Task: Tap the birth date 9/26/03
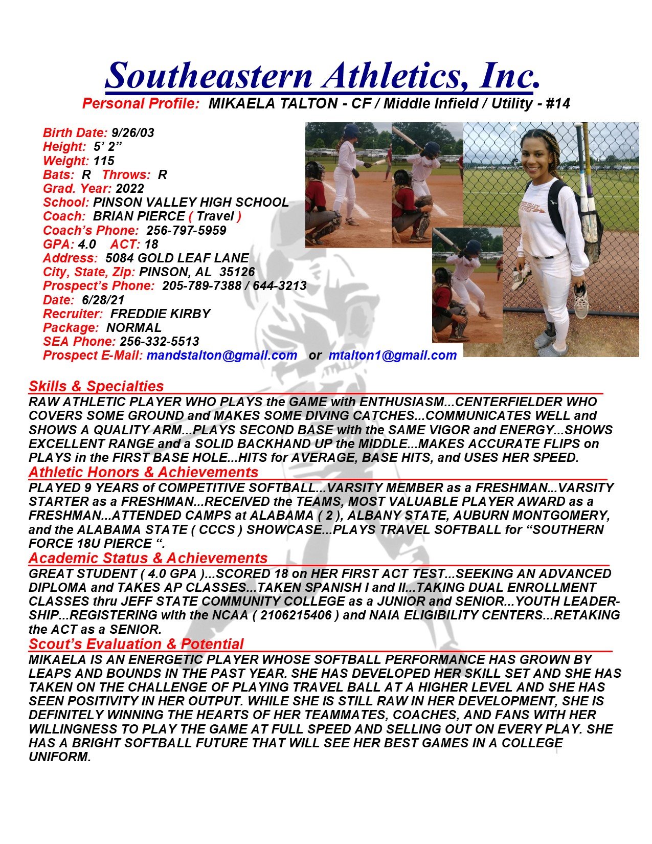tap(132, 133)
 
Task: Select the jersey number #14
tap(558, 104)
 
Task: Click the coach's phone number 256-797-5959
tap(186, 231)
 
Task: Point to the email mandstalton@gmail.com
tap(221, 356)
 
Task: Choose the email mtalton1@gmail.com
tap(392, 356)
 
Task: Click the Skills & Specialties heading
tap(96, 386)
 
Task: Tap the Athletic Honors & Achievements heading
tap(143, 472)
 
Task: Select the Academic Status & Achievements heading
tap(148, 558)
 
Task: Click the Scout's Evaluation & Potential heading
tap(136, 644)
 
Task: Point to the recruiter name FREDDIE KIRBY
tap(160, 314)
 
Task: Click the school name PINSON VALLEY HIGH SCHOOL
tap(191, 203)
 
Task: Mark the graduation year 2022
tap(130, 189)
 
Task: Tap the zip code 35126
tap(237, 272)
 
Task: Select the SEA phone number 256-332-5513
tap(159, 342)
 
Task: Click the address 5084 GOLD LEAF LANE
tap(177, 258)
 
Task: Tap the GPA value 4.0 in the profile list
tap(87, 245)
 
